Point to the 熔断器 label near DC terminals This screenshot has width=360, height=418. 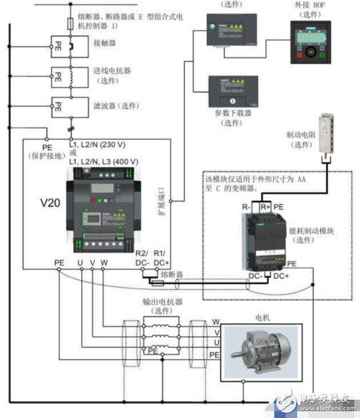click(171, 274)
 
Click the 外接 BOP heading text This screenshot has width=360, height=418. click(310, 5)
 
